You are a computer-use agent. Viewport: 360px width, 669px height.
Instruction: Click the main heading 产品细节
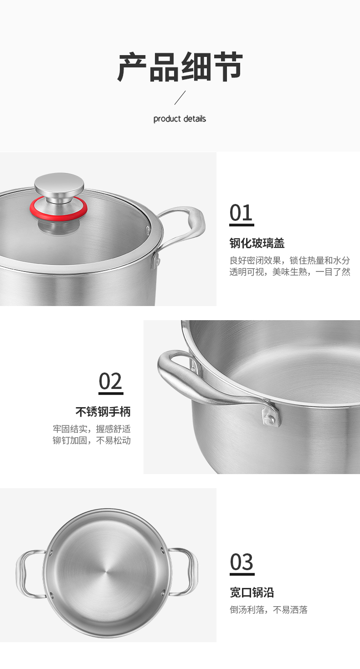(x=180, y=66)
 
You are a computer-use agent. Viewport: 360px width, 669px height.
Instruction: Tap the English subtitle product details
(x=180, y=119)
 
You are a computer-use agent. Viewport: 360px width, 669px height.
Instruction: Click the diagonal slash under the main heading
(x=180, y=97)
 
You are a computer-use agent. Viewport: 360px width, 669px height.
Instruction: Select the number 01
(x=241, y=213)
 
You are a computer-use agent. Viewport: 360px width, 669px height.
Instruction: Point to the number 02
(x=111, y=381)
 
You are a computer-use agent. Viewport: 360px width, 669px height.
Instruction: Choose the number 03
(x=242, y=562)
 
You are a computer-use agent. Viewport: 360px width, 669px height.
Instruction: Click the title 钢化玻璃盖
(x=257, y=243)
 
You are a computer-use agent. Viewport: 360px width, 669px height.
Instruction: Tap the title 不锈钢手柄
(x=103, y=412)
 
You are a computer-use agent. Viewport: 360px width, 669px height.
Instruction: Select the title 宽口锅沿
(x=252, y=592)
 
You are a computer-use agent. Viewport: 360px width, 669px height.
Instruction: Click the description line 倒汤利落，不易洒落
(x=268, y=609)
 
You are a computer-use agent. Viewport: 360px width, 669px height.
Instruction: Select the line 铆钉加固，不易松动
(x=92, y=440)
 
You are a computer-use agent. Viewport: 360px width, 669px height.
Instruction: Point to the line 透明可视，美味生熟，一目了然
(x=290, y=272)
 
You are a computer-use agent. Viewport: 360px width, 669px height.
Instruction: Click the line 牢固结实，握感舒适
(x=92, y=429)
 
